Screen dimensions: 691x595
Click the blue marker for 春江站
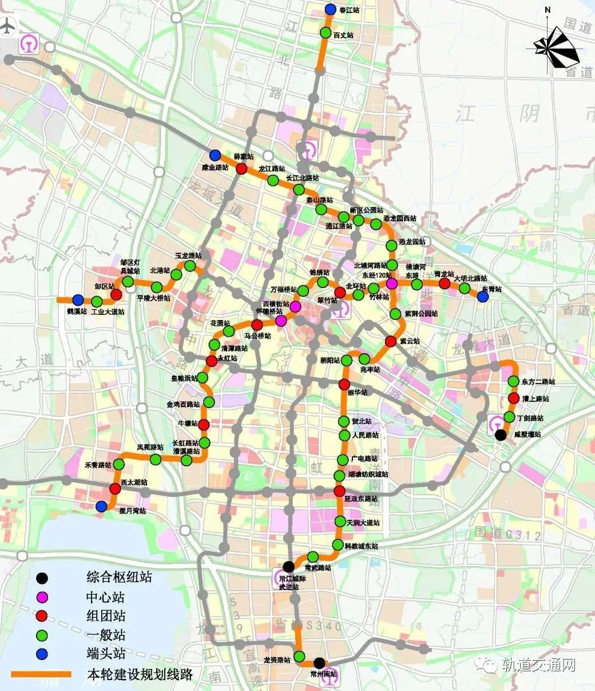pos(330,10)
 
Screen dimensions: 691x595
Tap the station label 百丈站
pos(343,35)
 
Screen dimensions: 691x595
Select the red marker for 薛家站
pos(241,169)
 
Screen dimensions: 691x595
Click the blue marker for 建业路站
pos(215,155)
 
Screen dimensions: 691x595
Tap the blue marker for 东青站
pos(483,297)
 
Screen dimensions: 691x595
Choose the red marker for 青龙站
pos(444,283)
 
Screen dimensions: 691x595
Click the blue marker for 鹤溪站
pos(78,299)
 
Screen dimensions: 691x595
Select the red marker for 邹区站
pos(116,294)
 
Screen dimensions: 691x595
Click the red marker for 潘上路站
pos(513,398)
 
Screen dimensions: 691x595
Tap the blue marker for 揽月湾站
pos(101,506)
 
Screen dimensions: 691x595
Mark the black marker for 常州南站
pos(319,662)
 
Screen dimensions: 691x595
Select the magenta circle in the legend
pos(42,597)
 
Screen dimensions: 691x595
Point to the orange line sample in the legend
pos(41,674)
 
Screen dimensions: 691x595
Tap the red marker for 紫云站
pos(391,341)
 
